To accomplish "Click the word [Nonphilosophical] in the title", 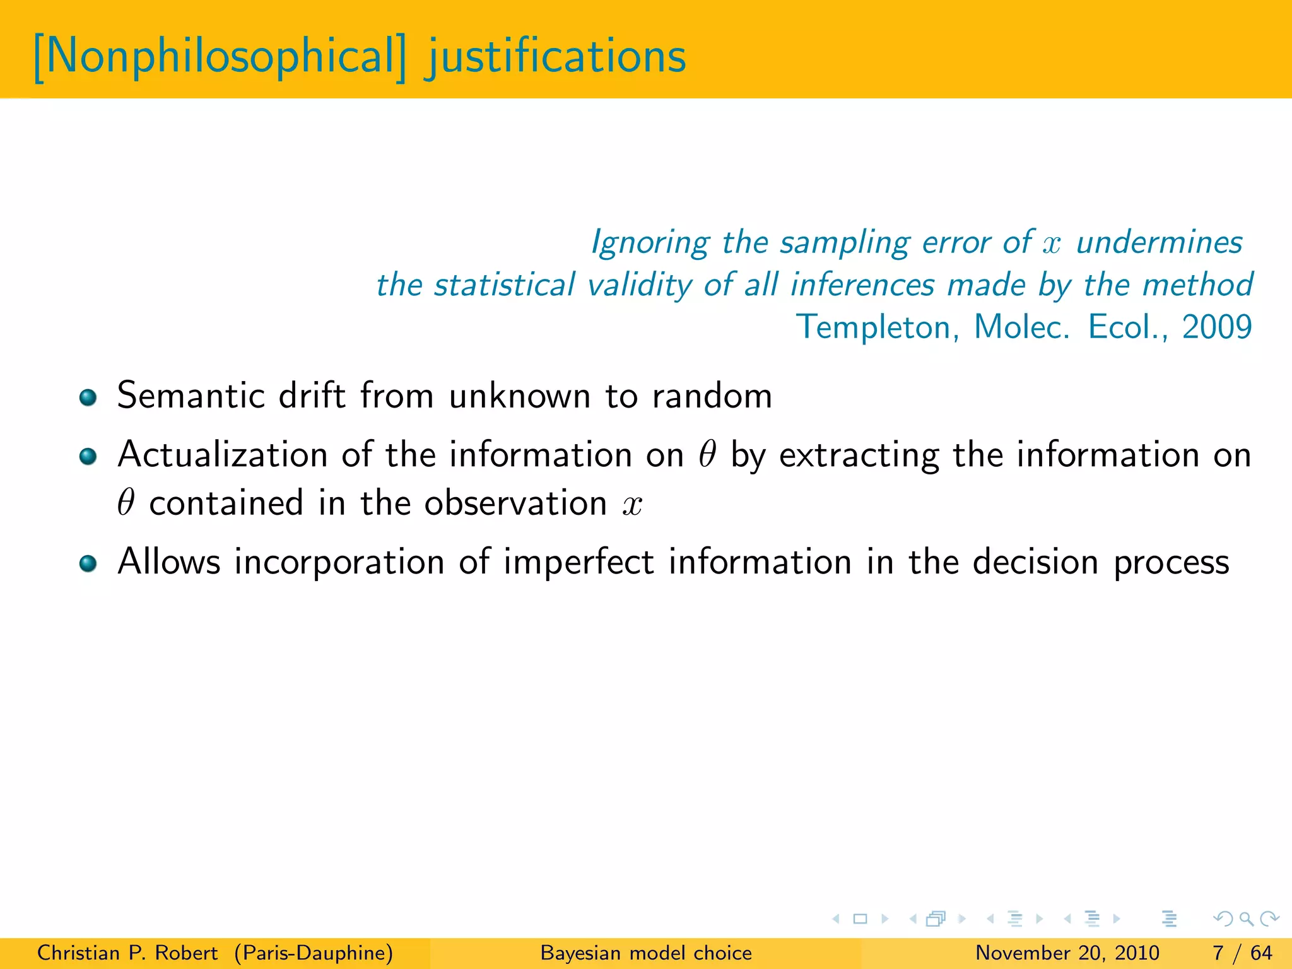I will pyautogui.click(x=220, y=57).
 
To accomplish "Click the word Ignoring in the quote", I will pyautogui.click(x=650, y=243).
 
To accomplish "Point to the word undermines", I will pyautogui.click(x=1160, y=243).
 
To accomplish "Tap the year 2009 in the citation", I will pyautogui.click(x=1217, y=327).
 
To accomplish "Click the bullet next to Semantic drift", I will pyautogui.click(x=88, y=397).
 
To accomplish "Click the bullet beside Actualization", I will pyautogui.click(x=88, y=456).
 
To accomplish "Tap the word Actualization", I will pyautogui.click(x=222, y=455).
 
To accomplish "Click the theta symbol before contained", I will pyautogui.click(x=126, y=503).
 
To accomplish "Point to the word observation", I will pyautogui.click(x=515, y=503).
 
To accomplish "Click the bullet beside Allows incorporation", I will pyautogui.click(x=88, y=563).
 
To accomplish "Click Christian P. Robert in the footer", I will pyautogui.click(x=127, y=953).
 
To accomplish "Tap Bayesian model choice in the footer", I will pyautogui.click(x=646, y=953).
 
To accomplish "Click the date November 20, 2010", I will pyautogui.click(x=1067, y=953).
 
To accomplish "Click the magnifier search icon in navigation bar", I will pyautogui.click(x=1246, y=919).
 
